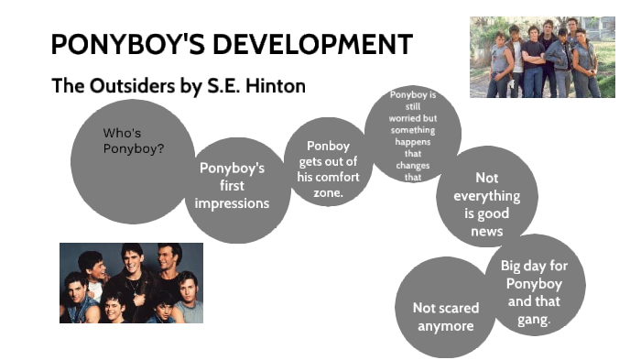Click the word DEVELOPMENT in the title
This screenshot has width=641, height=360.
(316, 44)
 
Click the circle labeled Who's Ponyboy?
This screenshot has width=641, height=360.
(133, 160)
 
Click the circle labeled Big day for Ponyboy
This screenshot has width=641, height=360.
(533, 293)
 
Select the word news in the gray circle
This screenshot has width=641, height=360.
(487, 231)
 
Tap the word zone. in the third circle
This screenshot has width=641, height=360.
(328, 193)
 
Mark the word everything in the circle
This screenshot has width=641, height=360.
(487, 196)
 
